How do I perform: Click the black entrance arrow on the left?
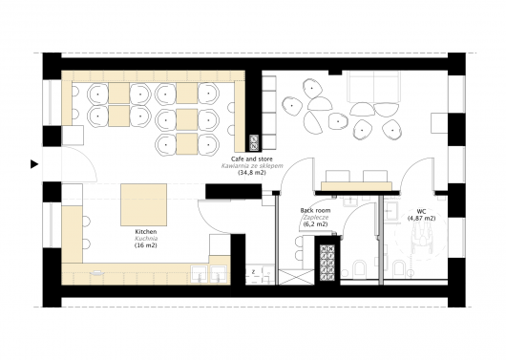pos(34,164)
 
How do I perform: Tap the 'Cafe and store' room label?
pos(252,159)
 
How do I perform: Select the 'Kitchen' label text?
pos(146,231)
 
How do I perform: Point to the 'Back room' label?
pos(315,210)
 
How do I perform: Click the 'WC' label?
pos(421,211)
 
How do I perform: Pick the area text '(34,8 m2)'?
pos(252,173)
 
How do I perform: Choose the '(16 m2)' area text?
pos(146,245)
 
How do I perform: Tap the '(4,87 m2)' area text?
pos(421,219)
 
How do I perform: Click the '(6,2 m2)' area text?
pos(315,224)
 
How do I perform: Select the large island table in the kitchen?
pos(144,204)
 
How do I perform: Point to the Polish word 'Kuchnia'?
pos(146,239)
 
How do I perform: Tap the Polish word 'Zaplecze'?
pos(315,218)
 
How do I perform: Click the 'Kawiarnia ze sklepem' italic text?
pos(252,166)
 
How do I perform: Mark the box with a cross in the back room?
pos(296,277)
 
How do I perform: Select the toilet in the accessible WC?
pos(399,269)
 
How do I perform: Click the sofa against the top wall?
pos(373,87)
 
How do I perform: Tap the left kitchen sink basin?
pos(200,274)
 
